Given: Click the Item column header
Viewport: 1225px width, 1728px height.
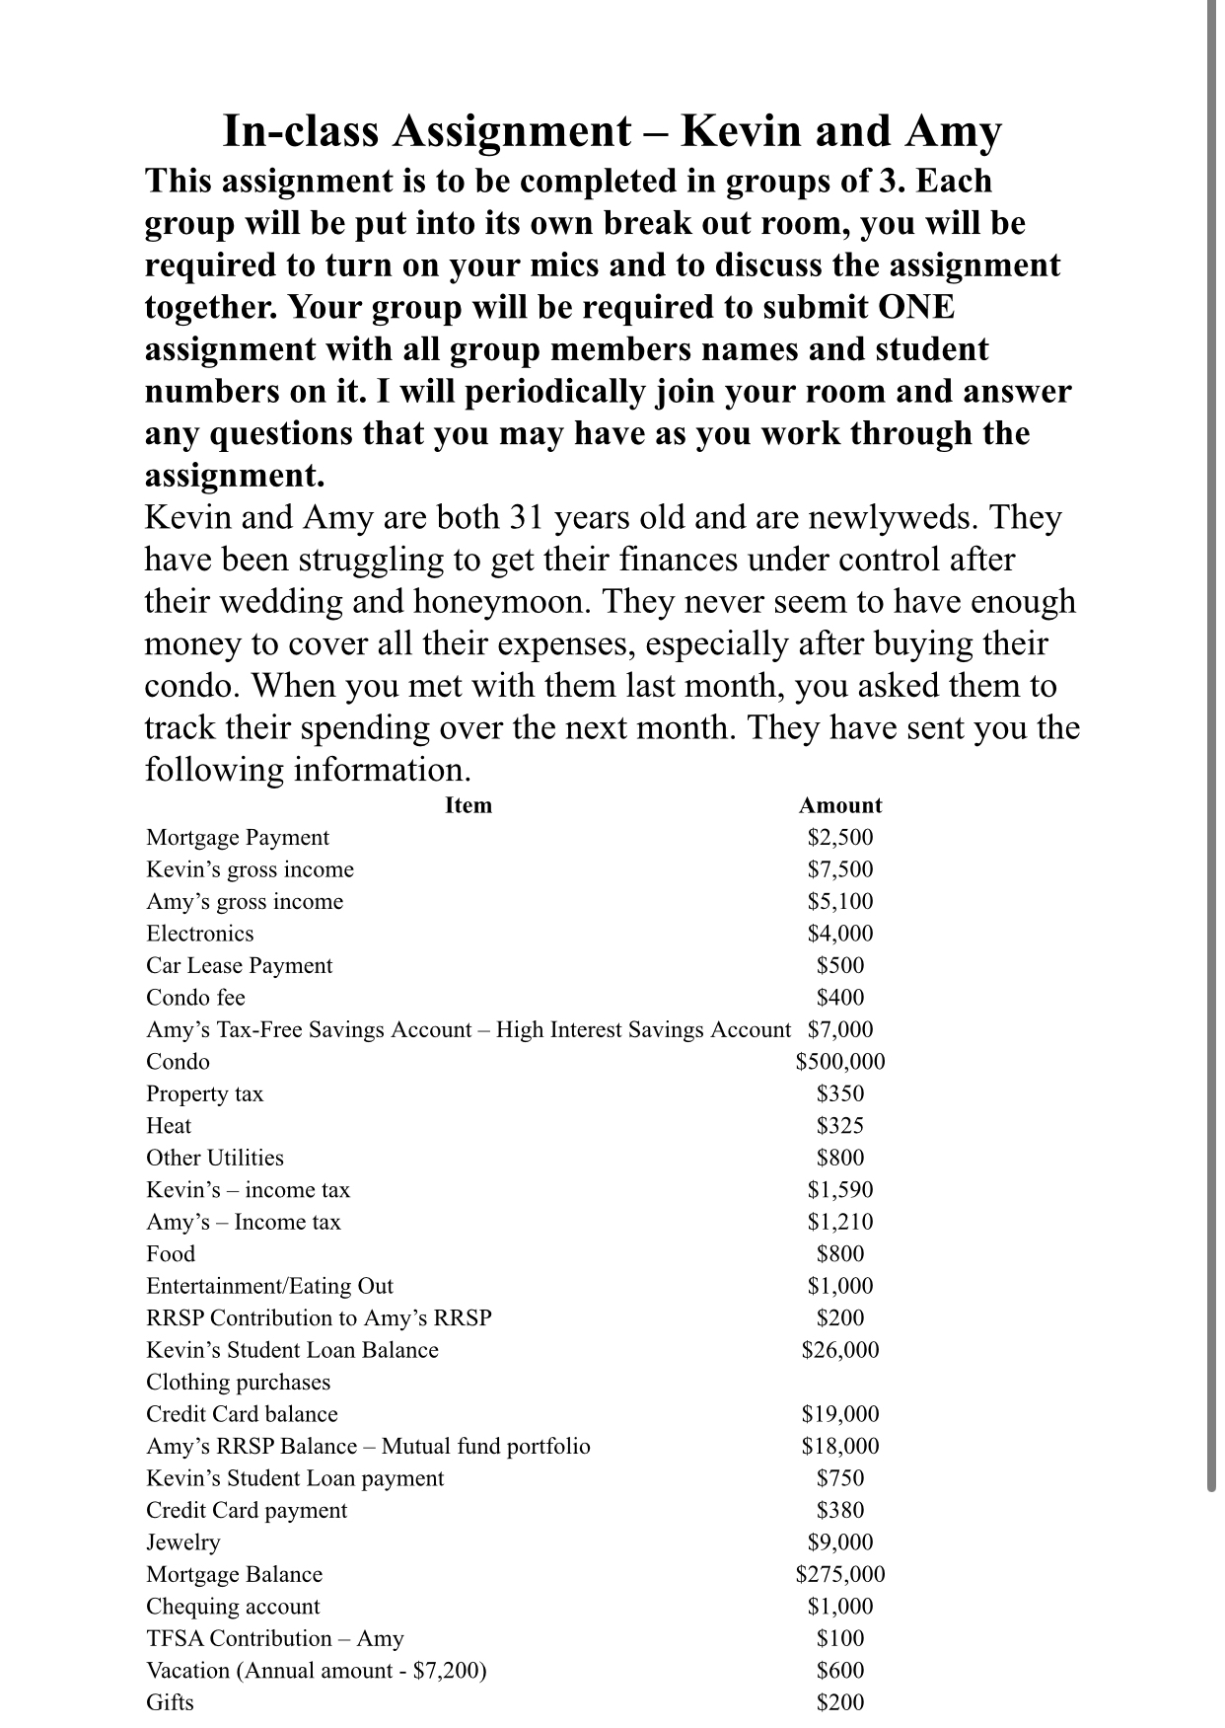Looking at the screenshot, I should [468, 805].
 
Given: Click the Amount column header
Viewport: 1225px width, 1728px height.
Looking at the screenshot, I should [840, 805].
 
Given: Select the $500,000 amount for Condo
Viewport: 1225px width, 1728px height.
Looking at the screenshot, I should [840, 1062].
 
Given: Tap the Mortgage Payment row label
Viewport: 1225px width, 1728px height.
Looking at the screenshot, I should [238, 838].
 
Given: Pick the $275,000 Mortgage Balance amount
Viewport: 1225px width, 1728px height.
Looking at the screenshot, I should [840, 1574].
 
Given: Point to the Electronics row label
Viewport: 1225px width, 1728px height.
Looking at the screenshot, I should [200, 934].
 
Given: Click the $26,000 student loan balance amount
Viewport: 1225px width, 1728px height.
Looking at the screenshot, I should [840, 1350].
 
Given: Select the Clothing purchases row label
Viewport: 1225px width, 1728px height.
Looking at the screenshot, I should [239, 1383].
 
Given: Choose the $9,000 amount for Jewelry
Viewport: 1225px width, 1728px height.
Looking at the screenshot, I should [840, 1542].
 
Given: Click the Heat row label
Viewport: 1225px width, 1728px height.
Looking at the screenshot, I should [169, 1126].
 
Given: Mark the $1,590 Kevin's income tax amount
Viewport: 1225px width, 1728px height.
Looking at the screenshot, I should [840, 1190].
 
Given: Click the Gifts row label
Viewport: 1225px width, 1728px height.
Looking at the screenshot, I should [170, 1702].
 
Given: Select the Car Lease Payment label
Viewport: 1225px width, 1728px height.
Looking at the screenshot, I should [240, 966].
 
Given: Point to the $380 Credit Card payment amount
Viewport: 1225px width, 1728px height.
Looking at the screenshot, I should [840, 1510].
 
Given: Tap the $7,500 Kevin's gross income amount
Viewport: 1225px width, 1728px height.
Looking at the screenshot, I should [840, 869].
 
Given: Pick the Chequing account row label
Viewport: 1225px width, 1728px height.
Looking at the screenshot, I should [233, 1607].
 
